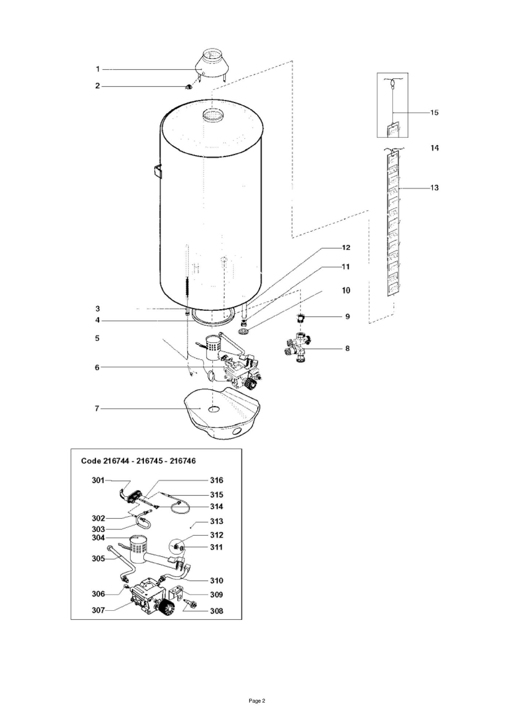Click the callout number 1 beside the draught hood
[x=97, y=69]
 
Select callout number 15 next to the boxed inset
[x=434, y=113]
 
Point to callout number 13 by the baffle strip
[x=434, y=188]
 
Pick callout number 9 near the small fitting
[x=347, y=317]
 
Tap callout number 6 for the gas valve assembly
[x=97, y=367]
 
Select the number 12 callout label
[x=346, y=248]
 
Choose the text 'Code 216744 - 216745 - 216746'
[x=138, y=461]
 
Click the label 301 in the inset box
[x=98, y=480]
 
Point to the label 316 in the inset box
[x=217, y=480]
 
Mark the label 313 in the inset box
[x=217, y=521]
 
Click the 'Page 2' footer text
[x=257, y=701]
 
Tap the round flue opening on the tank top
[x=211, y=115]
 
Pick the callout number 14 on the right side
[x=434, y=148]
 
